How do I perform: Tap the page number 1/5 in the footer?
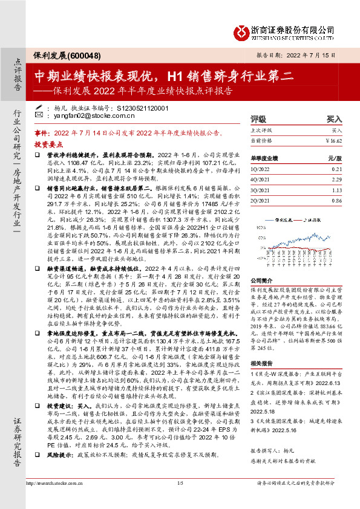(180, 500)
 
